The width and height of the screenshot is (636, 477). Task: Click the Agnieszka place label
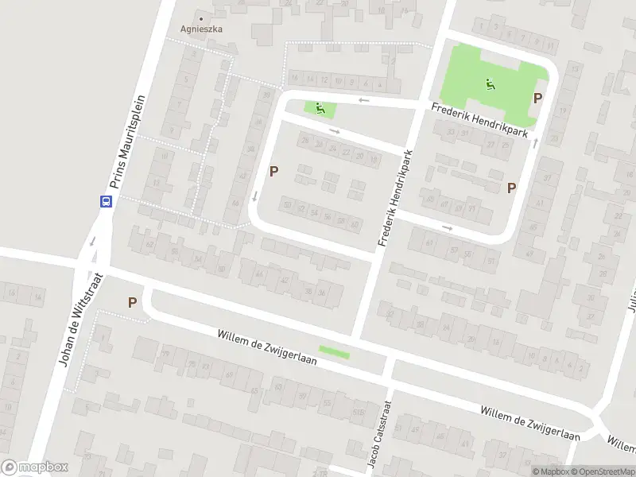pos(200,29)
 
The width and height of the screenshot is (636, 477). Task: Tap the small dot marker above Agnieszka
pos(200,17)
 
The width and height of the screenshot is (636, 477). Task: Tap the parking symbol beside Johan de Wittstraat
pos(132,302)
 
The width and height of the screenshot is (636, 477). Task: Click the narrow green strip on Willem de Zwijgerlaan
pos(334,350)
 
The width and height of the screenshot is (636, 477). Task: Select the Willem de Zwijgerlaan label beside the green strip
pos(267,347)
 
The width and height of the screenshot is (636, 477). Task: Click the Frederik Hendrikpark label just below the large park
pos(480,122)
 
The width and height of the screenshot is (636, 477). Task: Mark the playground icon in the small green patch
pos(320,108)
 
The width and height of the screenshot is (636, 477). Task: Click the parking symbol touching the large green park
pos(538,99)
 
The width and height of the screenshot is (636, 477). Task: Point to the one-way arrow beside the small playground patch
pos(363,100)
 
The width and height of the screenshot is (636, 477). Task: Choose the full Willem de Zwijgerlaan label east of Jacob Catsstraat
pos(529,423)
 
